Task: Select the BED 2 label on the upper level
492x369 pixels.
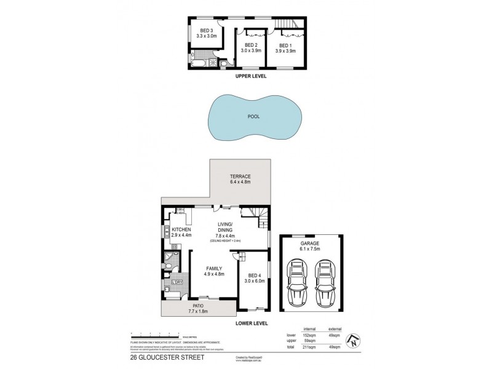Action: click(x=251, y=46)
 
